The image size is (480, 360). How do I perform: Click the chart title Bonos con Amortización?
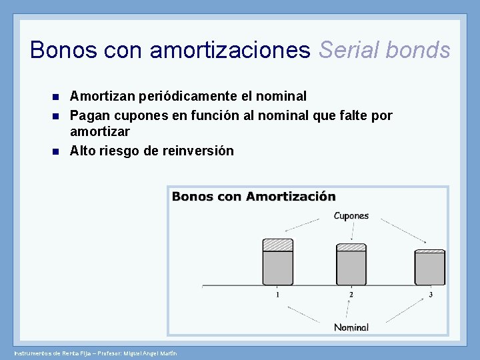254,197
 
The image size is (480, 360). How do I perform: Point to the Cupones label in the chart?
351,216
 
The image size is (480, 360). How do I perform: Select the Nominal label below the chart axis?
351,327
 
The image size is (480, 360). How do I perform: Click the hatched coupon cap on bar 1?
277,245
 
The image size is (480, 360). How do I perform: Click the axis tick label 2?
351,295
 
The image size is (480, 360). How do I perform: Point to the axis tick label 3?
431,295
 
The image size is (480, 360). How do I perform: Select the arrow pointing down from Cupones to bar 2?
351,231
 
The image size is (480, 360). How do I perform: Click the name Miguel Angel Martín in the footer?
151,353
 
